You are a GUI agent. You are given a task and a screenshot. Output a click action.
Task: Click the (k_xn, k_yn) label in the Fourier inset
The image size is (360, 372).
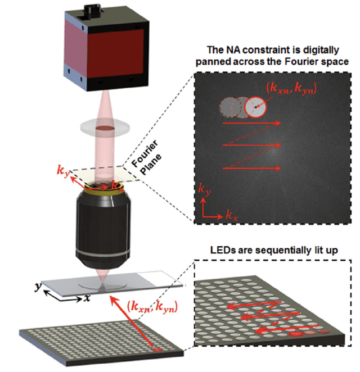pos(290,88)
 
